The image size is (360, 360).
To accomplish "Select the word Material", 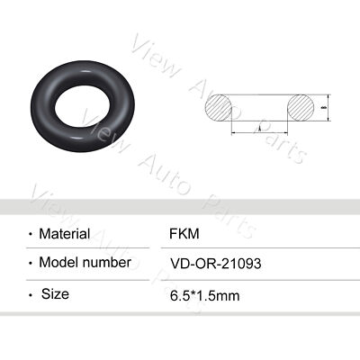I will pyautogui.click(x=64, y=234).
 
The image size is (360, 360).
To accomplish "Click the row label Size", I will pyautogui.click(x=55, y=293).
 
